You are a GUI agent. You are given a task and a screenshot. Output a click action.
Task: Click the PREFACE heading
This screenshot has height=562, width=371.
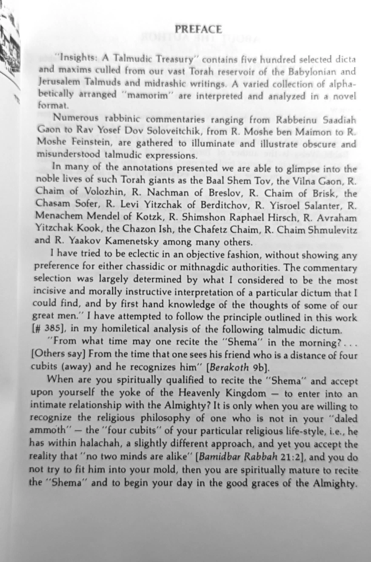tap(198, 29)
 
